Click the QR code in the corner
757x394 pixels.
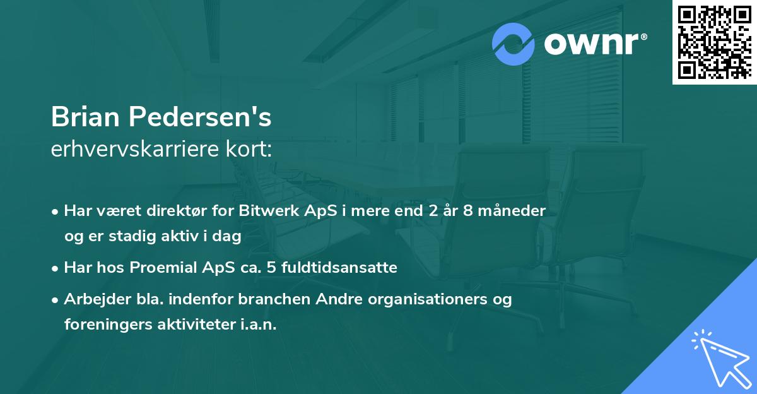point(714,42)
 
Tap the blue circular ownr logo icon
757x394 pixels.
point(513,45)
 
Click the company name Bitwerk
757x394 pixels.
point(265,211)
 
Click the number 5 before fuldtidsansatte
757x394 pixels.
point(271,268)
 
